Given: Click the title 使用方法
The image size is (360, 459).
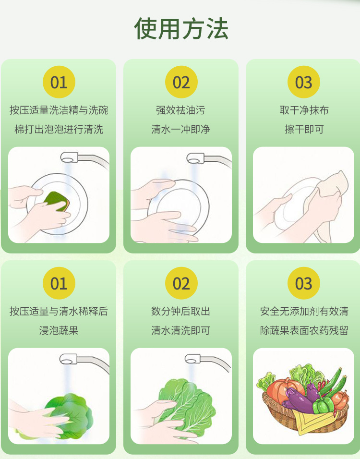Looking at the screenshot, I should click(181, 29).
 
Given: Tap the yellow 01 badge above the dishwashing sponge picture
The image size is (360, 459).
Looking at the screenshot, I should click(59, 82).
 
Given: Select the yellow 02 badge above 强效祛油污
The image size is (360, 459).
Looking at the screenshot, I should click(181, 82).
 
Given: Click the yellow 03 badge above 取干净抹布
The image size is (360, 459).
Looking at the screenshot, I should click(303, 82).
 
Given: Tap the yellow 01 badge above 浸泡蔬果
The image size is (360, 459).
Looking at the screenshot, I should click(59, 283).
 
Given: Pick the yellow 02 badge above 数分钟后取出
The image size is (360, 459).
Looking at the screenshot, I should click(181, 283).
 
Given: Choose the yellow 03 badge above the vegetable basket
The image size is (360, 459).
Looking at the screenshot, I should click(303, 283).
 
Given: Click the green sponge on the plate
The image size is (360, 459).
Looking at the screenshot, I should click(57, 201).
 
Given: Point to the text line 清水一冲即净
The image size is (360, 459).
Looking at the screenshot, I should click(181, 130).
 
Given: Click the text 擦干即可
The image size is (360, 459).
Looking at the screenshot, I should click(304, 130).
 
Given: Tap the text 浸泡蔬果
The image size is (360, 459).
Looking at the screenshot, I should click(59, 330).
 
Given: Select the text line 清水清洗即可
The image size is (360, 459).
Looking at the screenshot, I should click(181, 330).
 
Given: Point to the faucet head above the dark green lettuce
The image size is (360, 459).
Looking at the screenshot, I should click(69, 359).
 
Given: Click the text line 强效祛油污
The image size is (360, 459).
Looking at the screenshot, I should click(181, 110).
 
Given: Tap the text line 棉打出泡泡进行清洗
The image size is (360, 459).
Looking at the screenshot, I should click(59, 130).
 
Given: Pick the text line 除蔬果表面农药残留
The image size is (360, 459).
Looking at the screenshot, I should click(304, 330).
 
